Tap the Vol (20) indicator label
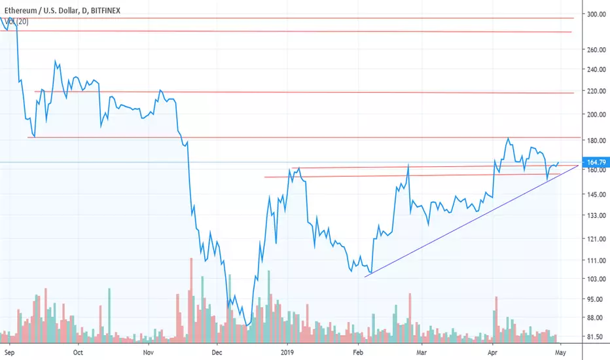click(x=17, y=22)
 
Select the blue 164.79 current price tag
click(x=596, y=162)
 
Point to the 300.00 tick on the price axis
click(x=596, y=14)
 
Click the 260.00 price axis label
click(x=596, y=50)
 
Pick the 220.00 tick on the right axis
click(x=596, y=91)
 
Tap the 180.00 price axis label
click(x=596, y=141)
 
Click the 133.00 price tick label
click(x=596, y=215)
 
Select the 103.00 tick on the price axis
click(x=596, y=279)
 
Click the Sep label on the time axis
click(x=9, y=353)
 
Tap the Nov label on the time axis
click(x=148, y=353)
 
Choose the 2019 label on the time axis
click(x=287, y=353)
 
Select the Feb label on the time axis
click(x=358, y=353)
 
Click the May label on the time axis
click(x=560, y=353)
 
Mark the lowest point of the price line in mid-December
click(x=247, y=325)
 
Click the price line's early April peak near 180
click(x=508, y=138)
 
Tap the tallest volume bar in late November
click(x=191, y=300)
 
